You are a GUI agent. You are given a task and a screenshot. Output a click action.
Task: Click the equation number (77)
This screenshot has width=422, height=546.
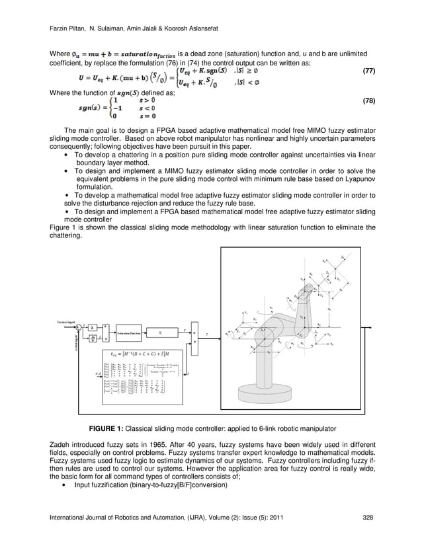tap(365, 70)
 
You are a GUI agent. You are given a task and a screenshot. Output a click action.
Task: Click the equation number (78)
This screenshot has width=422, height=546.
tap(365, 101)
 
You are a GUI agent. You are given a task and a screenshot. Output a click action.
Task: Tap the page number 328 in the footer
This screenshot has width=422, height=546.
tap(368, 517)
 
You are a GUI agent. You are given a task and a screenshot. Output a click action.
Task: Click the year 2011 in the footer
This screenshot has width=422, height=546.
tap(278, 517)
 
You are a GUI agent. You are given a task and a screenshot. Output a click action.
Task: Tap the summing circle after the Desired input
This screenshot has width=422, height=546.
tap(78, 327)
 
